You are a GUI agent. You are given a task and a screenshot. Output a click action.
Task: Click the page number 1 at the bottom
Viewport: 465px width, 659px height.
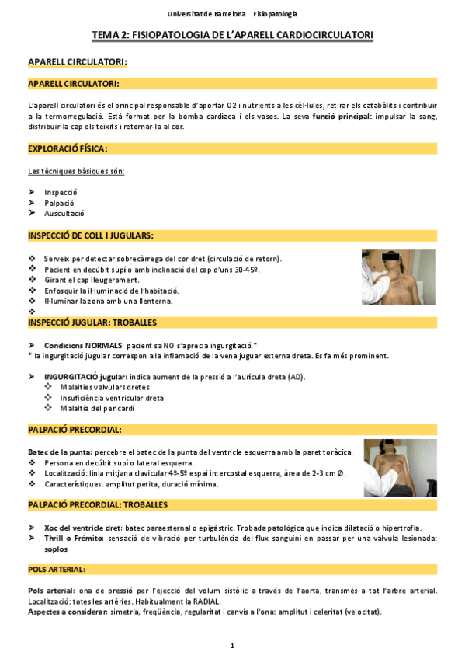(x=232, y=646)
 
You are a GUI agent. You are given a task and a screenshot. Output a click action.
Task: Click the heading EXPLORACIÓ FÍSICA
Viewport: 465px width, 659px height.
(x=68, y=148)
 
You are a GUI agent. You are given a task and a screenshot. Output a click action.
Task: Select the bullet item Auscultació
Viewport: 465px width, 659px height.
(x=64, y=213)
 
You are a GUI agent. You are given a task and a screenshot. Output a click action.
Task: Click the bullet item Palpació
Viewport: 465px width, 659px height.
(x=60, y=202)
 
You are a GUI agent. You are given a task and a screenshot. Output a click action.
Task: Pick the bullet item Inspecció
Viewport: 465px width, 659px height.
(x=61, y=192)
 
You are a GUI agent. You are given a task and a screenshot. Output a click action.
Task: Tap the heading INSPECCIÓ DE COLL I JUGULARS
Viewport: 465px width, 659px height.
(x=90, y=235)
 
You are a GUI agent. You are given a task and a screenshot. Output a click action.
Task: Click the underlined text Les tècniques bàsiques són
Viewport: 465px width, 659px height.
(x=76, y=171)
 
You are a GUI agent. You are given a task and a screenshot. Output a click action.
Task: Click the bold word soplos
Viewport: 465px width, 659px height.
(x=39, y=548)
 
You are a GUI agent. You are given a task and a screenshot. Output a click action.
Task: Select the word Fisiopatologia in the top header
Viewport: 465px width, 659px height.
(x=276, y=14)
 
